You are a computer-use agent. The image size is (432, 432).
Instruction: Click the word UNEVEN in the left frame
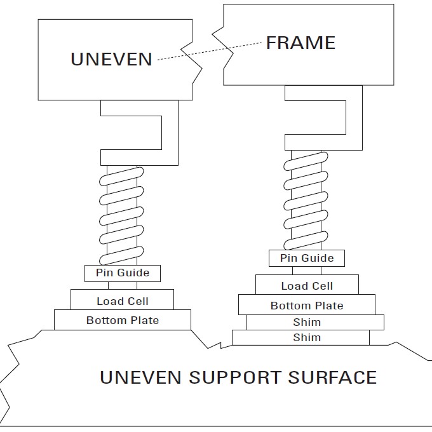[x=111, y=59]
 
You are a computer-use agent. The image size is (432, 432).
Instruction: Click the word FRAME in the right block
[x=300, y=43]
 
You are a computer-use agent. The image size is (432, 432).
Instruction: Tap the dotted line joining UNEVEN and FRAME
[x=210, y=51]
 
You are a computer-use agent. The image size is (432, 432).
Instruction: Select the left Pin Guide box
[x=123, y=273]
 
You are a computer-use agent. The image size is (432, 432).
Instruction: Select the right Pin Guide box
[x=307, y=258]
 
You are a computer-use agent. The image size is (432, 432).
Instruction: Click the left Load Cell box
[x=123, y=300]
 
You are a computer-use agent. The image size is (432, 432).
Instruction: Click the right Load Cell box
[x=307, y=285]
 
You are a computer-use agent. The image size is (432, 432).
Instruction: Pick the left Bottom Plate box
[x=123, y=320]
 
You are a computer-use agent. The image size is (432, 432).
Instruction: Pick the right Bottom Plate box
[x=307, y=305]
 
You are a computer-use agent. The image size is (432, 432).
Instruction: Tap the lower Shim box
[x=300, y=338]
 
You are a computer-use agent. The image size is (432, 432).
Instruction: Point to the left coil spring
[x=122, y=216]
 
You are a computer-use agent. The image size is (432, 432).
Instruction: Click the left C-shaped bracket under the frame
[x=169, y=133]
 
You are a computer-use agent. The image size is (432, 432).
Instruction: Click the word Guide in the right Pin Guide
[x=317, y=258]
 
